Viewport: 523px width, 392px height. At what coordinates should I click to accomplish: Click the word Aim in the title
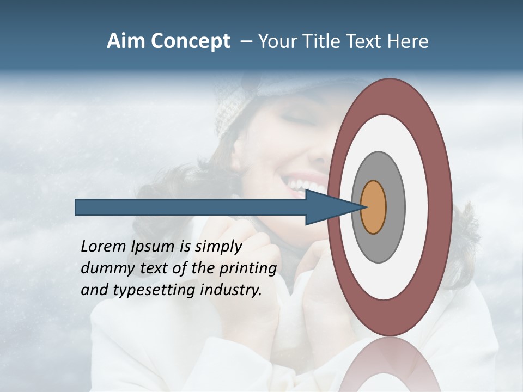[x=126, y=41]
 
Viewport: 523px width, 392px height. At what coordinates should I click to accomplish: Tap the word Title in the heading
[x=324, y=41]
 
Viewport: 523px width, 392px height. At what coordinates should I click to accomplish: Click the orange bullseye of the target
[x=373, y=207]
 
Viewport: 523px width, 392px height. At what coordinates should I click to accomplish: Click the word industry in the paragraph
[x=231, y=290]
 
